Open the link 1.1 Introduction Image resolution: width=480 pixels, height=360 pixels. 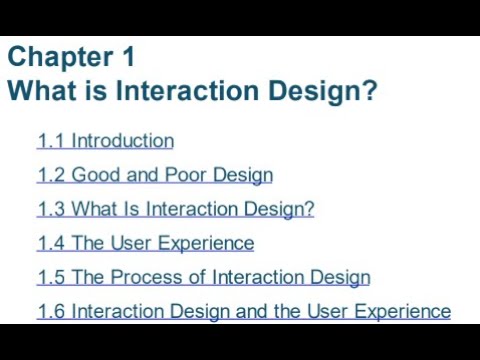tap(105, 141)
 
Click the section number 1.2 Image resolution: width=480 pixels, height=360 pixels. tap(51, 175)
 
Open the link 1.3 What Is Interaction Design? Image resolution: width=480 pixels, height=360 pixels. tap(175, 209)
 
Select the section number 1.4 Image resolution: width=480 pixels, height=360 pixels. tap(51, 243)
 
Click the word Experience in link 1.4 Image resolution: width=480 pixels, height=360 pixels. tap(209, 243)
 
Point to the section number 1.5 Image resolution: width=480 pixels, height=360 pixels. tap(51, 277)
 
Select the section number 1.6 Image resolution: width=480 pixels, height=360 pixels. tap(51, 311)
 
